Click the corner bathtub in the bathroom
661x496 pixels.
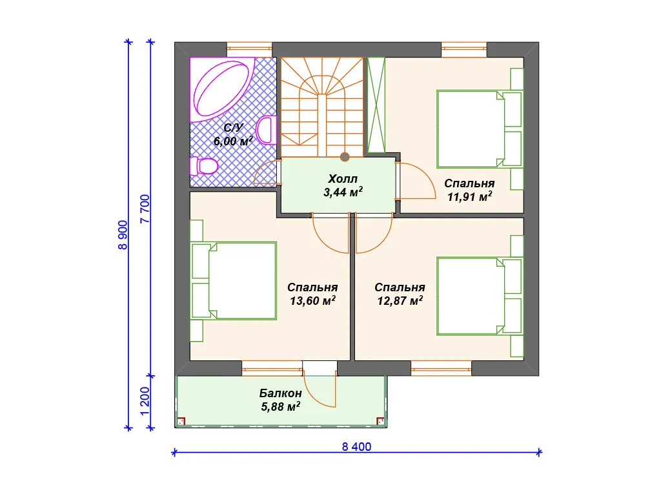tap(222, 89)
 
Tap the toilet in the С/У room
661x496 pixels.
tap(203, 165)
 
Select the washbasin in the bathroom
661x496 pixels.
tap(265, 130)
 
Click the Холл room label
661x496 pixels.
tap(343, 178)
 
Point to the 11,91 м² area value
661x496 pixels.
tap(470, 196)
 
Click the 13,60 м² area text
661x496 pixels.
tap(313, 300)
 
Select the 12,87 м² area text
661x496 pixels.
tap(400, 300)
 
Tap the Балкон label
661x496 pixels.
tap(280, 393)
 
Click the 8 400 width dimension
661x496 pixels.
tap(356, 447)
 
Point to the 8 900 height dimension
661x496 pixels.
tap(123, 235)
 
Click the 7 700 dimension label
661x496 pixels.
tap(145, 209)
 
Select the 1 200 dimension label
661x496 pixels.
tap(145, 401)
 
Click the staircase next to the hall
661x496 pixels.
tap(322, 107)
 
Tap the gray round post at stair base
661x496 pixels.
tap(345, 158)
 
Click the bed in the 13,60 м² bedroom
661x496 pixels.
tap(234, 280)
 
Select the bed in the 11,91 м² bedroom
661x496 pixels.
tap(480, 129)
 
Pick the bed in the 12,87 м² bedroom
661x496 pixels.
tap(480, 296)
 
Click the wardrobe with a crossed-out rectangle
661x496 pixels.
tap(376, 105)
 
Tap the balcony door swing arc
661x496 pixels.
tap(316, 397)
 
